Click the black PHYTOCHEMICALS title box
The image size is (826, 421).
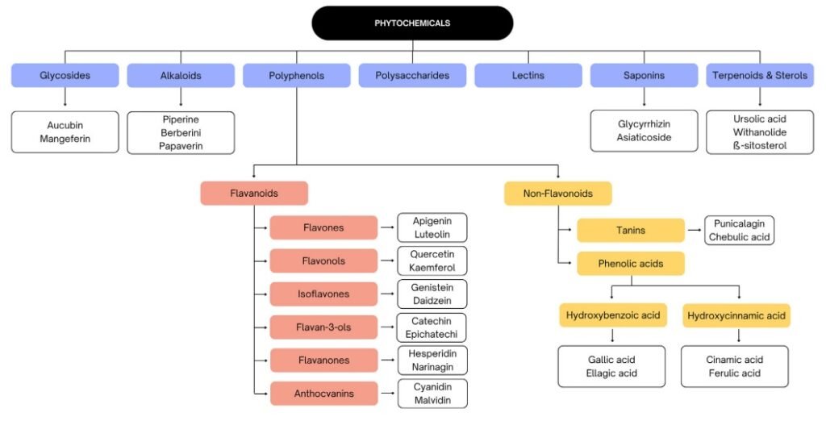tap(412, 23)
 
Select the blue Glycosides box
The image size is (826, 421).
tap(65, 76)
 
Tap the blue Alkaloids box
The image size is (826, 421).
tap(181, 76)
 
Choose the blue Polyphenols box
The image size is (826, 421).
tap(296, 76)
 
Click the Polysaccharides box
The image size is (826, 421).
tap(412, 76)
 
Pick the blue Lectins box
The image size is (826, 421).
tap(528, 76)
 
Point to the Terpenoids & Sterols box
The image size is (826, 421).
tap(760, 76)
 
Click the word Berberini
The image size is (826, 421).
tap(181, 132)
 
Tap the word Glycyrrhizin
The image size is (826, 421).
tap(644, 124)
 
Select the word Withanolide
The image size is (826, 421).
tap(760, 132)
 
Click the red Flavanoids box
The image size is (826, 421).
tap(254, 194)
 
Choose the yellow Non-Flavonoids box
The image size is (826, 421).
tap(558, 194)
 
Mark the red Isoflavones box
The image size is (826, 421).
tap(323, 294)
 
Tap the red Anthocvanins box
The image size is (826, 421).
tap(323, 394)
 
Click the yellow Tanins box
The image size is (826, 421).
tap(630, 231)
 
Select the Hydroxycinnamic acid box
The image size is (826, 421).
tap(736, 315)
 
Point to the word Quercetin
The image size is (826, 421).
tap(432, 254)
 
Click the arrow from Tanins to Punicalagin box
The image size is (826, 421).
tap(694, 231)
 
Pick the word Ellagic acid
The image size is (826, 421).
tap(611, 373)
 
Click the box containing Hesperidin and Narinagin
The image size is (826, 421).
tap(432, 361)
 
